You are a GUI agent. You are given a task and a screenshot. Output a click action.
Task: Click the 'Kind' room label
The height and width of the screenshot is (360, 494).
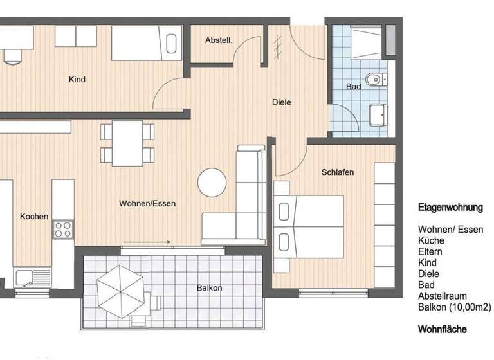click(77, 80)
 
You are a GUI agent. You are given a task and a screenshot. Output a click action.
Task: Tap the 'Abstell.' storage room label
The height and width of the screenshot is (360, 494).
click(218, 40)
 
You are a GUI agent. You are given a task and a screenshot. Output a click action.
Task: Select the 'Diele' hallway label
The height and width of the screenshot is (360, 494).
click(282, 102)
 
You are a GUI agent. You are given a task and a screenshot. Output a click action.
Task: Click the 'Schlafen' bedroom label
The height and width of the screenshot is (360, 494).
click(338, 172)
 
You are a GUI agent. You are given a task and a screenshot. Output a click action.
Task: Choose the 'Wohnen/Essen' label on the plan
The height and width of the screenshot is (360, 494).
click(147, 203)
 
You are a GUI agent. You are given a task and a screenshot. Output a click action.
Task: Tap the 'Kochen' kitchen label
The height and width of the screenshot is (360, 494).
click(33, 217)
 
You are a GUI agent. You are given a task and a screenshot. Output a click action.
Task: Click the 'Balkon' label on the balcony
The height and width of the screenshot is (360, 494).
click(209, 288)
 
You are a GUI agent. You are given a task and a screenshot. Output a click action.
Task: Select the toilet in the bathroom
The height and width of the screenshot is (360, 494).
click(374, 80)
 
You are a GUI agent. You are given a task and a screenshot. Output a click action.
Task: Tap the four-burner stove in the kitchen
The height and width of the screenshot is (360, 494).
click(63, 229)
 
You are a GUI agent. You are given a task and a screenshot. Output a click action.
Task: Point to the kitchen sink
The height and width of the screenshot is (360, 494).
click(26, 278)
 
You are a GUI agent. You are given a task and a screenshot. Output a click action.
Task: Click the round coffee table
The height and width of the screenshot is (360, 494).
click(212, 182)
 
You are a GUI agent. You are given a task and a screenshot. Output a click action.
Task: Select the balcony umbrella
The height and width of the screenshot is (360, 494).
click(121, 290)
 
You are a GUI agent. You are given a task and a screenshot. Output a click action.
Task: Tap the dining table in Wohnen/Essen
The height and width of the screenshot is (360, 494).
click(128, 143)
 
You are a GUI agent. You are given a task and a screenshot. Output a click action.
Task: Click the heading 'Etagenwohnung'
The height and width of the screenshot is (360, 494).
click(450, 208)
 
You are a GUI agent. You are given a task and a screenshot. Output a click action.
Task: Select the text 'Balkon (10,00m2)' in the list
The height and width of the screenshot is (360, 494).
click(454, 307)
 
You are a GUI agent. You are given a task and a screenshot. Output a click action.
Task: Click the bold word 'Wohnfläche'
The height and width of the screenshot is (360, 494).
click(443, 329)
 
